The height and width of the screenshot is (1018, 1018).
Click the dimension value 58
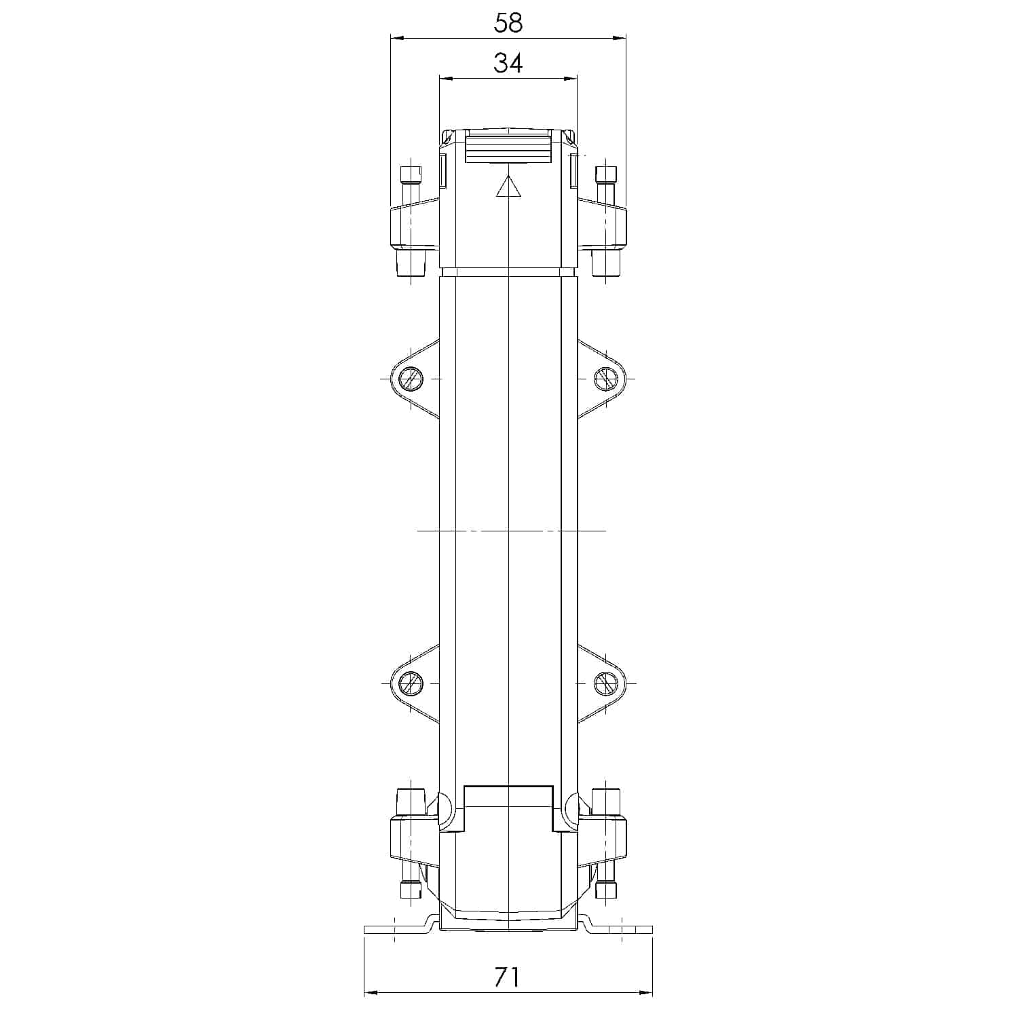coord(508,23)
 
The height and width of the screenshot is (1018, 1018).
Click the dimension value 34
coord(508,63)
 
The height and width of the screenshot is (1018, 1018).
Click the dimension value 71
coord(507,977)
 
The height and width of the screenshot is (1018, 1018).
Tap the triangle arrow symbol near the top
coord(508,187)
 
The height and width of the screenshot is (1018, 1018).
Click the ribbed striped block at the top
coord(508,149)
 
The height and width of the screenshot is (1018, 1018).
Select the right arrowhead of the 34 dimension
coord(571,78)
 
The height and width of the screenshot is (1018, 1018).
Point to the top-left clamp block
coord(414,224)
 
